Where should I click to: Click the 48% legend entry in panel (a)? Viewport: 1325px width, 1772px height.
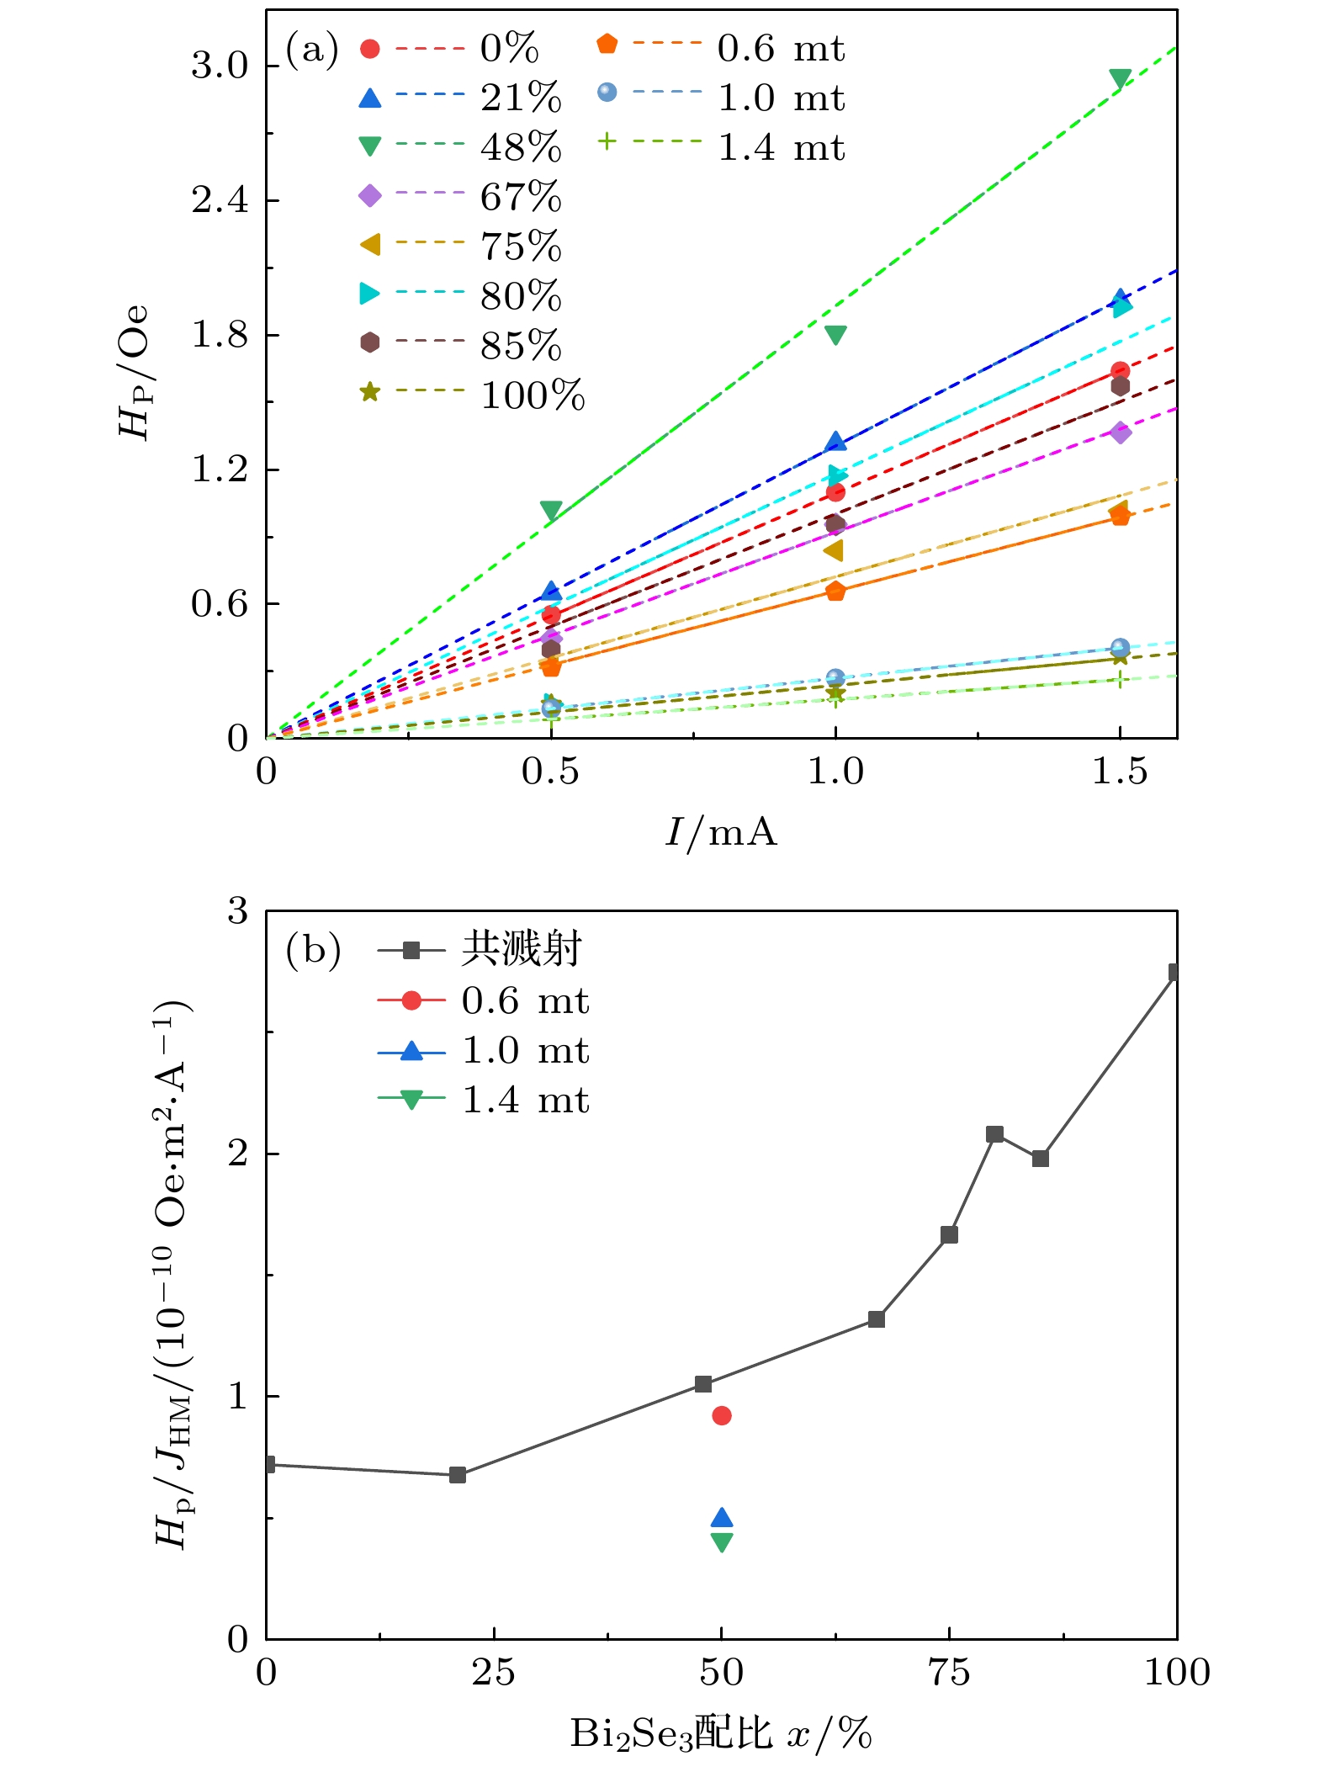[520, 147]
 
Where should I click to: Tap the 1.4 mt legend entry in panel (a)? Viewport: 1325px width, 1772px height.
[780, 147]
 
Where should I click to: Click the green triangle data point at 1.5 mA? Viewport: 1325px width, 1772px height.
[1120, 79]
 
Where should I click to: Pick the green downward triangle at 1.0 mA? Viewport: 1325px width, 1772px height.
[835, 335]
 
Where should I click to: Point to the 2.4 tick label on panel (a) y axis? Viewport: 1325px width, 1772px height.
[220, 200]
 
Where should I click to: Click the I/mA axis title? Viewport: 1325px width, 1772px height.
[721, 832]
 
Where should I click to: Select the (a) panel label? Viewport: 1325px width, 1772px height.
[312, 50]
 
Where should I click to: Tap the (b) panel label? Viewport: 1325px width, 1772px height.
[313, 951]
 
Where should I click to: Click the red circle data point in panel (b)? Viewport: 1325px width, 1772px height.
[722, 1415]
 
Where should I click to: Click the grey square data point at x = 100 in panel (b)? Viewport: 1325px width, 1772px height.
[1174, 972]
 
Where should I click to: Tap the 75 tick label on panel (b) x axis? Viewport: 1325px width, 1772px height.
[949, 1672]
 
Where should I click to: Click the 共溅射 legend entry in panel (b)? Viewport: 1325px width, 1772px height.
[521, 950]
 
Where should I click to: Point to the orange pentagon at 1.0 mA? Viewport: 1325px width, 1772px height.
[835, 592]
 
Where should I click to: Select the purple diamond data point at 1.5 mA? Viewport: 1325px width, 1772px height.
[1120, 432]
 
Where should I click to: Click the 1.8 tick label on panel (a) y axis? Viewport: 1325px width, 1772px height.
[220, 335]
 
